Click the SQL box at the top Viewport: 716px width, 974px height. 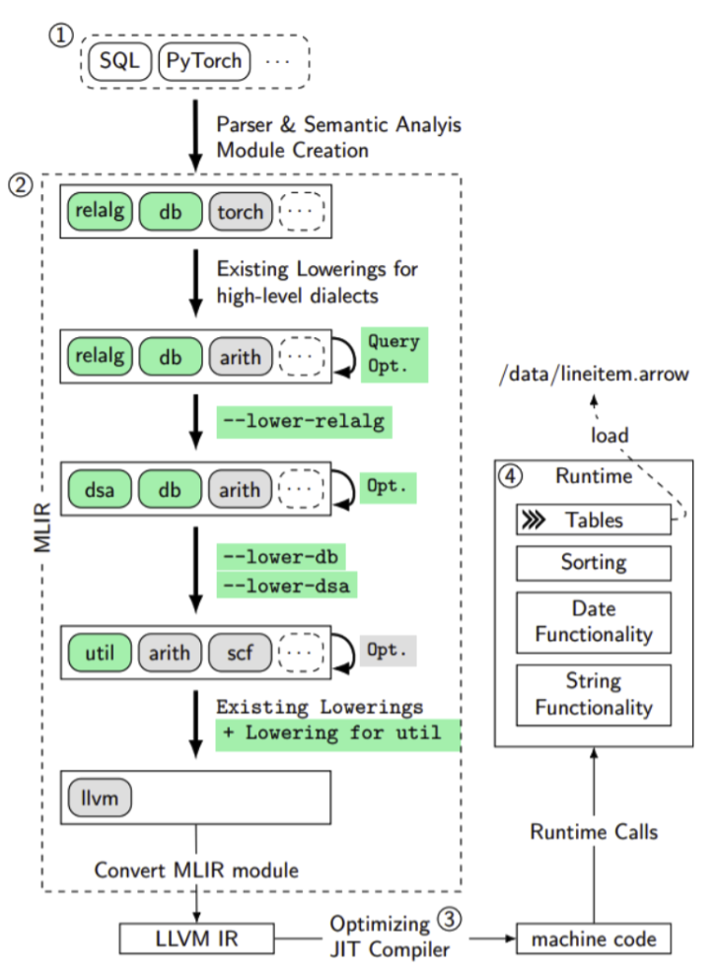121,61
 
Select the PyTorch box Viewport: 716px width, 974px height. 204,61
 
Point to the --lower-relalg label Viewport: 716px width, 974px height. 304,422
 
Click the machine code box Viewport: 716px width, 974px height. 595,939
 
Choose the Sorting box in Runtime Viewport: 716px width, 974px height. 593,563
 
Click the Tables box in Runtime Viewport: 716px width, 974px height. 593,520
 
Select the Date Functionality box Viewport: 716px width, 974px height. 593,621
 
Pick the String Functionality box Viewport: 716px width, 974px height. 593,694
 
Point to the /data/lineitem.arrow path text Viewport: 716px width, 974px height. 593,375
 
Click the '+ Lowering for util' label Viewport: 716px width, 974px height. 337,733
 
